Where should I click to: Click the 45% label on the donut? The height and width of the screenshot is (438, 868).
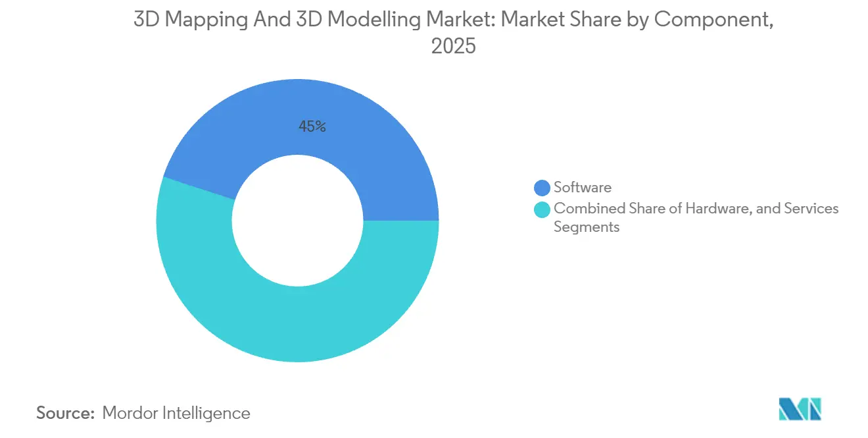coord(312,126)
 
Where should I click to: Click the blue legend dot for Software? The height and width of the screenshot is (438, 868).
coord(542,188)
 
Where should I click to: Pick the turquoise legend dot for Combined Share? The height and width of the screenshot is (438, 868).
coord(542,209)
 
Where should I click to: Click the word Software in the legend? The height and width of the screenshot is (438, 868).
coord(582,188)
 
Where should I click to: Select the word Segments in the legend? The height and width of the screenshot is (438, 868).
coord(587,227)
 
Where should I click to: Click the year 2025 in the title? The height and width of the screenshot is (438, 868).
coord(453,47)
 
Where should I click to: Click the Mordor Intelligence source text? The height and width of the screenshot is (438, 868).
coord(176,413)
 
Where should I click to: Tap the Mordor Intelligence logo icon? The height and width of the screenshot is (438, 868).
coord(800,409)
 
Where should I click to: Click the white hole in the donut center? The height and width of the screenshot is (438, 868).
coord(297,221)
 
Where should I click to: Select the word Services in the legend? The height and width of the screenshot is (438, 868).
coord(813,209)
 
